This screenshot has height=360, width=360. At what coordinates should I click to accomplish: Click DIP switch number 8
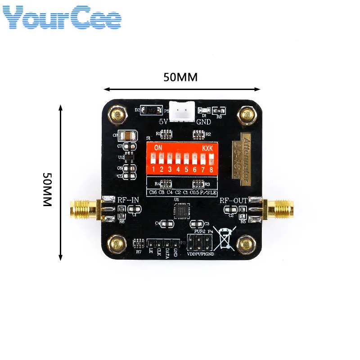click(211, 158)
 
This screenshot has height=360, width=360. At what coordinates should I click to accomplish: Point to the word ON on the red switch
click(158, 148)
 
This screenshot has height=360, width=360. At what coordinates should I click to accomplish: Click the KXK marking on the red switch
click(207, 148)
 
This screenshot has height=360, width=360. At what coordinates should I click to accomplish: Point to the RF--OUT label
click(234, 200)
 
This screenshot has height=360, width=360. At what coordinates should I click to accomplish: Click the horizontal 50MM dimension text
click(180, 77)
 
